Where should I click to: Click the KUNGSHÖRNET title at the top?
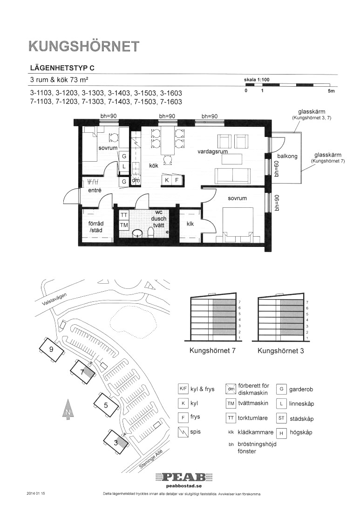point(84,47)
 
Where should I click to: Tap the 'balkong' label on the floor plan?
point(287,156)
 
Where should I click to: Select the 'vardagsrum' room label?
point(212,151)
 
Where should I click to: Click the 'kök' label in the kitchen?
point(153,165)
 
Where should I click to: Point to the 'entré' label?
point(95,190)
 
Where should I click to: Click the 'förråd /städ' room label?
point(95,226)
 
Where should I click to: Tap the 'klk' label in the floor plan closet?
point(190,224)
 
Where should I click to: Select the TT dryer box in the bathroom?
point(124,215)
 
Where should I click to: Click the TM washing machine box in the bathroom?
point(124,225)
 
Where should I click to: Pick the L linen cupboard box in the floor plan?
point(124,166)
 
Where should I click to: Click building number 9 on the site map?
point(51,349)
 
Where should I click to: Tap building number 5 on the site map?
point(106,406)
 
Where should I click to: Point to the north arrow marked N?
point(68,410)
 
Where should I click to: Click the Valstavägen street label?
point(54,299)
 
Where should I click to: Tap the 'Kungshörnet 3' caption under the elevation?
point(281,351)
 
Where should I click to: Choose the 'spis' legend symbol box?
point(183,432)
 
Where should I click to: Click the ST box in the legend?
point(281,418)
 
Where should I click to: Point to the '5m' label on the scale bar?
point(331,91)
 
